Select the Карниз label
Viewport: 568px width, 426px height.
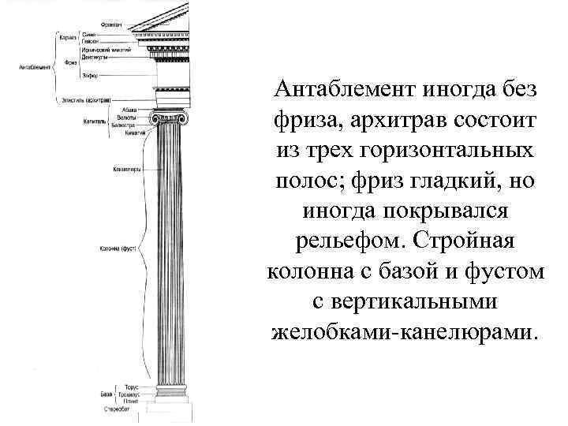pos(66,37)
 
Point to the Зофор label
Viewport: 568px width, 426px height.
pos(89,75)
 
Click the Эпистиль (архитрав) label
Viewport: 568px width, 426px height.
pos(84,100)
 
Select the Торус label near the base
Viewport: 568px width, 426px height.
pos(131,387)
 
